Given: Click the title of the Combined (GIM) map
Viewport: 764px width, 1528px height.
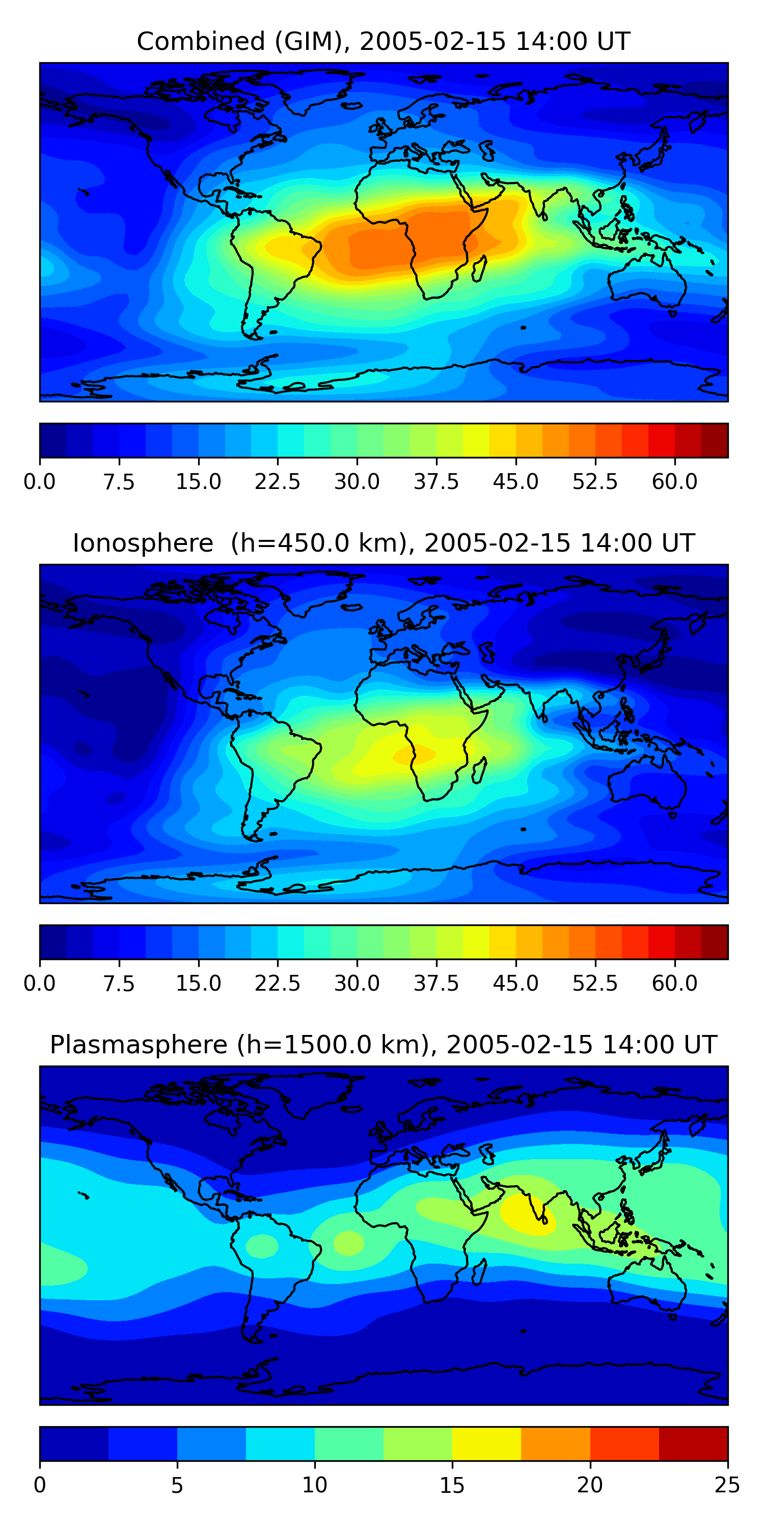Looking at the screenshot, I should coord(383,42).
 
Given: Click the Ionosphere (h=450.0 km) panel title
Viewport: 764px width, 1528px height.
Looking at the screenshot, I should coord(383,543).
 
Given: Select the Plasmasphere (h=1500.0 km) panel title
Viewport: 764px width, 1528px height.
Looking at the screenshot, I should coord(383,1045).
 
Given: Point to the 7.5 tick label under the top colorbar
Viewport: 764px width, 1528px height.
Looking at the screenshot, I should coord(119,482).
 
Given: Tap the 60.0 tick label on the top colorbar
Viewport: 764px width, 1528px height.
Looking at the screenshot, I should coord(674,482).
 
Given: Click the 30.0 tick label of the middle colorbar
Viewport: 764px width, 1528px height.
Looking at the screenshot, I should coord(357,984).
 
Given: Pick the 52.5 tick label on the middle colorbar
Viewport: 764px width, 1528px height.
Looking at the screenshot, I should coord(595,984).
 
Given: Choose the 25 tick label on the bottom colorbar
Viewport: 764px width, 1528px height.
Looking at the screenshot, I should coord(727,1485).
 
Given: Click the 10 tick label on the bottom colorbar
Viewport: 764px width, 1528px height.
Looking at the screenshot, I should coord(314,1485).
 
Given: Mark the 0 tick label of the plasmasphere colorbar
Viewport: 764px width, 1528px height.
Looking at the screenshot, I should coord(40,1485).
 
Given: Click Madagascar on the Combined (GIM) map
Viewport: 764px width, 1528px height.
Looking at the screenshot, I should coord(480,268).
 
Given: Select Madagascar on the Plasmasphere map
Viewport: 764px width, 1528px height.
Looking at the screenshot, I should coord(480,1271).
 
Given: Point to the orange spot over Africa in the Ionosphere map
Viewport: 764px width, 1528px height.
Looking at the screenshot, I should coord(415,754).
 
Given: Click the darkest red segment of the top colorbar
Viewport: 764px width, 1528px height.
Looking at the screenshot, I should coord(714,441).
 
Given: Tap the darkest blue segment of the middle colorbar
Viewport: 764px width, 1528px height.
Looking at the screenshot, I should coord(53,942).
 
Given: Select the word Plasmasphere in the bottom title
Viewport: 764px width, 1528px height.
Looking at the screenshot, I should coord(138,1045).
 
